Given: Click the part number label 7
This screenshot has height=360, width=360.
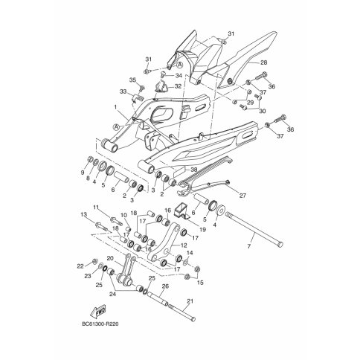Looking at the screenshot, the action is [x=249, y=246].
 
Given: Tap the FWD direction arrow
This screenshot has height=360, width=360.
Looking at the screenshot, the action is [x=98, y=311].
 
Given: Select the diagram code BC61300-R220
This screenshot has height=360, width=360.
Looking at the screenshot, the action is [x=100, y=324].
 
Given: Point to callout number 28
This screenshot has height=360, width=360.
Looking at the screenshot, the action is [x=264, y=62].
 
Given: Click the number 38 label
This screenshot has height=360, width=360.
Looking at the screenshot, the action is [x=194, y=170].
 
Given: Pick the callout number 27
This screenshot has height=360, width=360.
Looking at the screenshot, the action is [x=242, y=196].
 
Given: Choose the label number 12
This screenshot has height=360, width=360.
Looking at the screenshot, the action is [x=184, y=245].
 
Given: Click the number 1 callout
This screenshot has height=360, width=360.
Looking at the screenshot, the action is [x=115, y=107].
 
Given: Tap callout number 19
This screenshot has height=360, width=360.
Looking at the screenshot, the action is [x=202, y=230].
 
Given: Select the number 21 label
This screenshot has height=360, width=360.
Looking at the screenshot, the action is [x=190, y=301].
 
